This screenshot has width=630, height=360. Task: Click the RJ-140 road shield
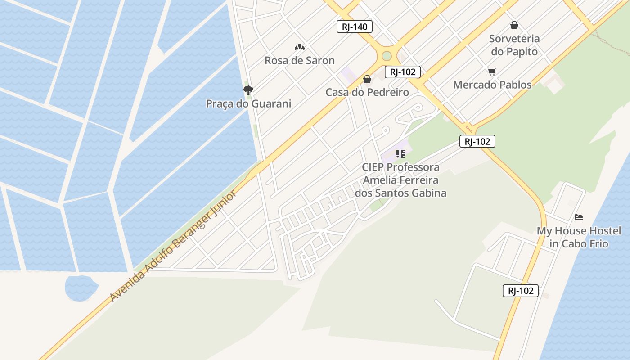click(x=355, y=27)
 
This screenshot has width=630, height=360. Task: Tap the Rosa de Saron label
click(x=299, y=60)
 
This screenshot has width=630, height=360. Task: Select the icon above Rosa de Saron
click(x=299, y=47)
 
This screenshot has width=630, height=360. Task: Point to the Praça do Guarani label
click(x=248, y=103)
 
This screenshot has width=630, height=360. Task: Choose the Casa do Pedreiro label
click(x=367, y=92)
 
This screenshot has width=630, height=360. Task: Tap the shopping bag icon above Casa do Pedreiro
click(x=367, y=80)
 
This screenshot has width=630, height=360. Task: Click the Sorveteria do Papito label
click(x=514, y=45)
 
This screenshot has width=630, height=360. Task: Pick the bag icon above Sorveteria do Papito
click(x=514, y=26)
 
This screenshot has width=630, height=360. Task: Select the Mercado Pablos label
click(x=492, y=85)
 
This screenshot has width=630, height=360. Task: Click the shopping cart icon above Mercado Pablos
click(x=492, y=72)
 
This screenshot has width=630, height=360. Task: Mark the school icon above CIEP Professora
click(x=400, y=154)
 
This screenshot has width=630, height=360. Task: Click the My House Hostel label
click(x=579, y=237)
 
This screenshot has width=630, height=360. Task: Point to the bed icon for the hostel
click(x=579, y=217)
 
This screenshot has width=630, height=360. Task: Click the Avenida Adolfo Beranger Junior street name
click(x=173, y=247)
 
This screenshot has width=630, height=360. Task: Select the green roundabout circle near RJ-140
click(x=387, y=56)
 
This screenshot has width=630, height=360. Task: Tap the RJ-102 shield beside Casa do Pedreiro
click(x=403, y=72)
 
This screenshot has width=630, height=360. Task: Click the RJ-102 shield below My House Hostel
click(x=521, y=291)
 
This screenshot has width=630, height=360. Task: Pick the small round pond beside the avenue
click(x=81, y=287)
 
